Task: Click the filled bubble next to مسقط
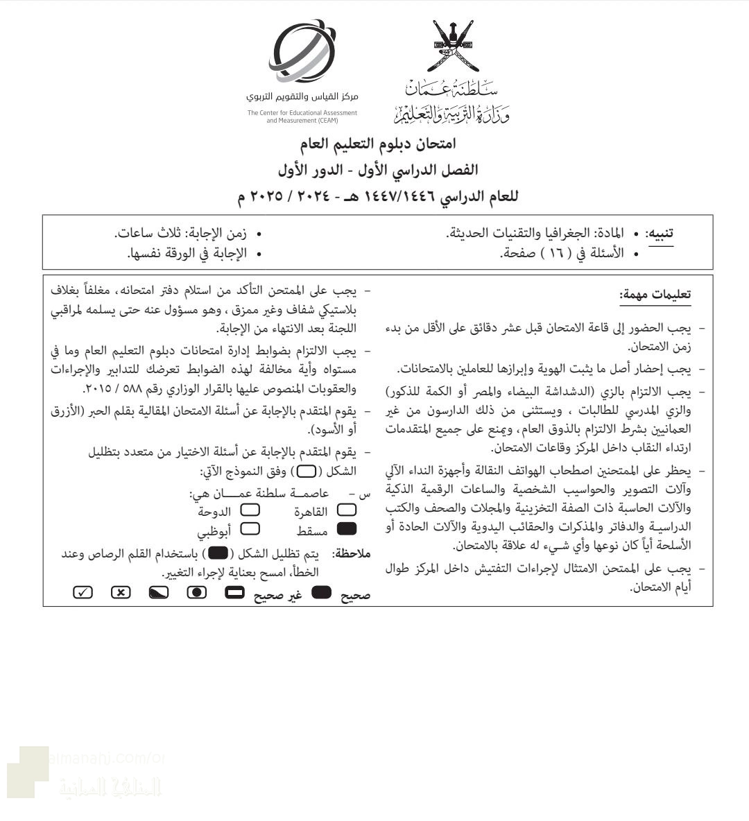point(346,530)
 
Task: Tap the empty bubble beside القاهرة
point(346,511)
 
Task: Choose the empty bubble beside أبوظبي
point(250,530)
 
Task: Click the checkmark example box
point(83,593)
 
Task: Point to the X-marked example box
point(121,593)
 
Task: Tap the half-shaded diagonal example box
point(158,593)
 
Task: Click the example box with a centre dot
point(197,593)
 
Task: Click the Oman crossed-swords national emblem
point(455,46)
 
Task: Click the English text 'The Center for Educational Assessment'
point(302,112)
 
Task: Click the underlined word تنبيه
point(659,234)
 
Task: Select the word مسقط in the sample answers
point(312,530)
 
